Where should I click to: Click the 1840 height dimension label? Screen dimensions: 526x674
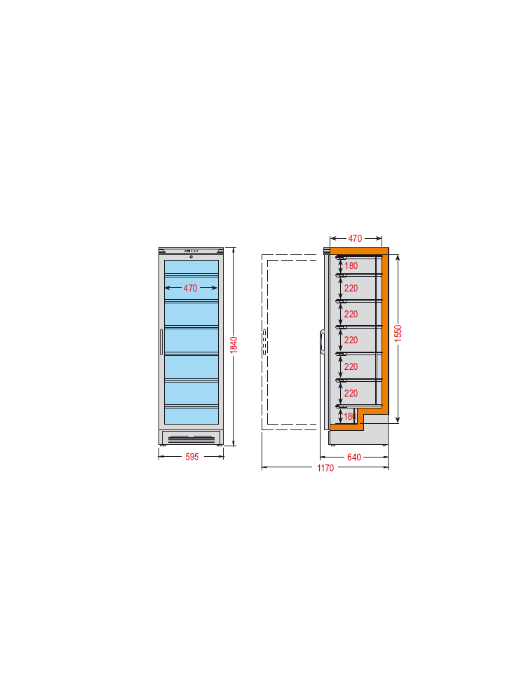click(x=234, y=345)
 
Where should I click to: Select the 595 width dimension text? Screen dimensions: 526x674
click(x=192, y=457)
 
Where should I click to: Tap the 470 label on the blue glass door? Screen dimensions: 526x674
click(x=190, y=288)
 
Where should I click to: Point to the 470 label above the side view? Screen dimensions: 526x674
click(x=355, y=238)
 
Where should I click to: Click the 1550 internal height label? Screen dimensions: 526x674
click(x=398, y=333)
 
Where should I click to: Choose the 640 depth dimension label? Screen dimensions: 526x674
click(x=354, y=457)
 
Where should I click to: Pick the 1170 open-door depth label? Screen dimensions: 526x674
click(x=325, y=468)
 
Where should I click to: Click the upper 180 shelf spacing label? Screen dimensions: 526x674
click(x=351, y=266)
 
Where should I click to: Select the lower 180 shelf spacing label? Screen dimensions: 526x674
click(x=350, y=416)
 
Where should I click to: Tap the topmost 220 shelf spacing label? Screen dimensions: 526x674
click(x=351, y=288)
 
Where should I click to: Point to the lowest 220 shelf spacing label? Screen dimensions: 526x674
click(x=351, y=393)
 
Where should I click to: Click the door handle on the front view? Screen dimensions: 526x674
click(x=161, y=342)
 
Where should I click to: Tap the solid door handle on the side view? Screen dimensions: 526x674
click(x=321, y=343)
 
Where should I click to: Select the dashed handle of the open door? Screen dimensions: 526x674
click(x=264, y=342)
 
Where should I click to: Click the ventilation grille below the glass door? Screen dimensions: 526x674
click(x=191, y=439)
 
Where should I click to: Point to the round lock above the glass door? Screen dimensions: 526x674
click(x=191, y=257)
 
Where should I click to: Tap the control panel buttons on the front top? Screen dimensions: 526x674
click(x=191, y=251)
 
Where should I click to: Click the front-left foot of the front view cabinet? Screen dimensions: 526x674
click(x=162, y=446)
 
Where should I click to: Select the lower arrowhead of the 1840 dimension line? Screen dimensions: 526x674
click(x=234, y=443)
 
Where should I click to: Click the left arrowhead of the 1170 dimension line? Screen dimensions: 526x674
click(x=264, y=467)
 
